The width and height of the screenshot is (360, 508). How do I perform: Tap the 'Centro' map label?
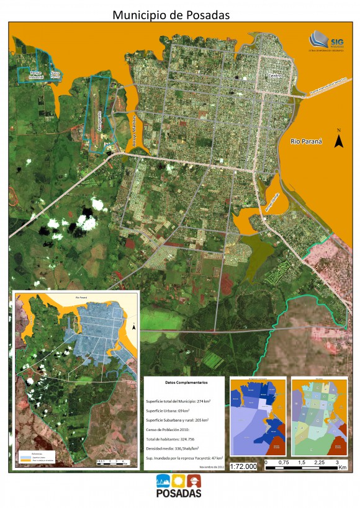point(274,76)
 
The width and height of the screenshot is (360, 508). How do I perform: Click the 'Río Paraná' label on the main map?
point(307,142)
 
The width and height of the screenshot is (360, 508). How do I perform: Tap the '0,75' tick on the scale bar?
point(282,461)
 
